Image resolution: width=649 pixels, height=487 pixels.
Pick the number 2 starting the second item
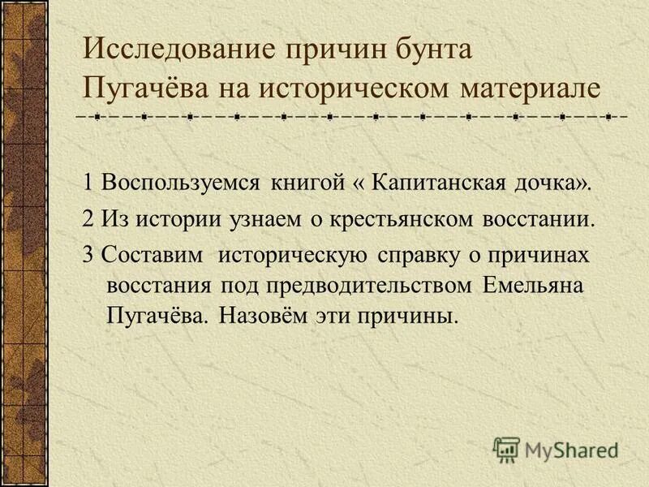(87, 218)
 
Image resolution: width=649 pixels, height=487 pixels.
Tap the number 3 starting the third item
(87, 256)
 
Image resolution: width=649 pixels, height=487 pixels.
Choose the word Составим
(151, 256)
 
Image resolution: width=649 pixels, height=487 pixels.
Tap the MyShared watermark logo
(556, 448)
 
